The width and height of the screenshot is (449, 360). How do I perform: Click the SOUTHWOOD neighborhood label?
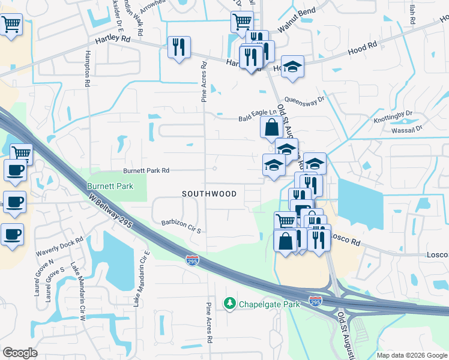pyautogui.click(x=209, y=194)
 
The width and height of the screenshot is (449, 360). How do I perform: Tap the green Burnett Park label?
pyautogui.click(x=110, y=187)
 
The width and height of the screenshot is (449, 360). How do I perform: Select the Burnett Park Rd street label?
pyautogui.click(x=146, y=170)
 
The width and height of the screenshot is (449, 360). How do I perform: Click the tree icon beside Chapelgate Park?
pyautogui.click(x=229, y=304)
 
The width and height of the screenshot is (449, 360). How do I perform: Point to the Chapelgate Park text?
pyautogui.click(x=270, y=304)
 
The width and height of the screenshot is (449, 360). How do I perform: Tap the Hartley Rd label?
pyautogui.click(x=112, y=39)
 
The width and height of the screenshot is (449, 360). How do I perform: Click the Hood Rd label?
pyautogui.click(x=363, y=45)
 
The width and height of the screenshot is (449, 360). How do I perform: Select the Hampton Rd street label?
pyautogui.click(x=88, y=69)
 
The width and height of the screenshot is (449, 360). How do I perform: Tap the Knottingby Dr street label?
pyautogui.click(x=393, y=113)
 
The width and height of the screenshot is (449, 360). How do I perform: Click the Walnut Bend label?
pyautogui.click(x=297, y=28)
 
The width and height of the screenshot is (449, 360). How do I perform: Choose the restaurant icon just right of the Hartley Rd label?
pyautogui.click(x=179, y=47)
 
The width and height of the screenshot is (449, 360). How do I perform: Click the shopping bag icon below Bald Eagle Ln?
pyautogui.click(x=271, y=128)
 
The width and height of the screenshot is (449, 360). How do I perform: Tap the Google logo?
pyautogui.click(x=20, y=353)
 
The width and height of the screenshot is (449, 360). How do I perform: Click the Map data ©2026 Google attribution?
pyautogui.click(x=411, y=355)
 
